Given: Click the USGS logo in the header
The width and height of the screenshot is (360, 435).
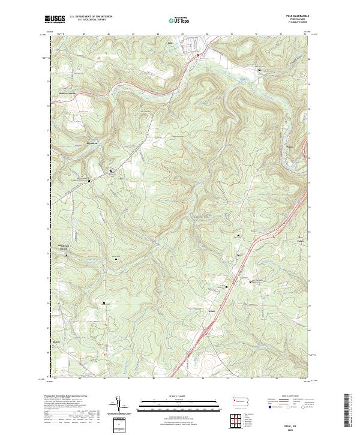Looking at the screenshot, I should pyautogui.click(x=55, y=19).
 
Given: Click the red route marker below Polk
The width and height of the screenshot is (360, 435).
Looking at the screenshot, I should pyautogui.click(x=198, y=55).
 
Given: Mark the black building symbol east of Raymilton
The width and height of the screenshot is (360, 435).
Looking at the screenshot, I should pyautogui.click(x=112, y=172).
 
